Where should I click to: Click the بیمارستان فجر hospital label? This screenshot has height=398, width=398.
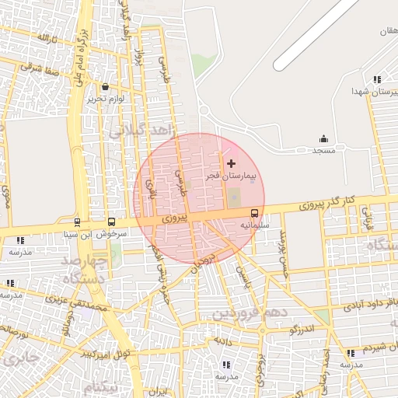coord(229,177)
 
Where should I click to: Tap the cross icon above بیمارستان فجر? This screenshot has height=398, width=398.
coord(231,164)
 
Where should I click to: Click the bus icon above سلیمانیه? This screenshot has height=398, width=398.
coord(254,214)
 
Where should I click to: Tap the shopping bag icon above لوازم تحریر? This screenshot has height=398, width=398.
coord(105,86)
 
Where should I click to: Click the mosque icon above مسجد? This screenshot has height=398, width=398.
coord(323,139)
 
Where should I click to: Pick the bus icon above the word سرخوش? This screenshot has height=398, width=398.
coord(111,222)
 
